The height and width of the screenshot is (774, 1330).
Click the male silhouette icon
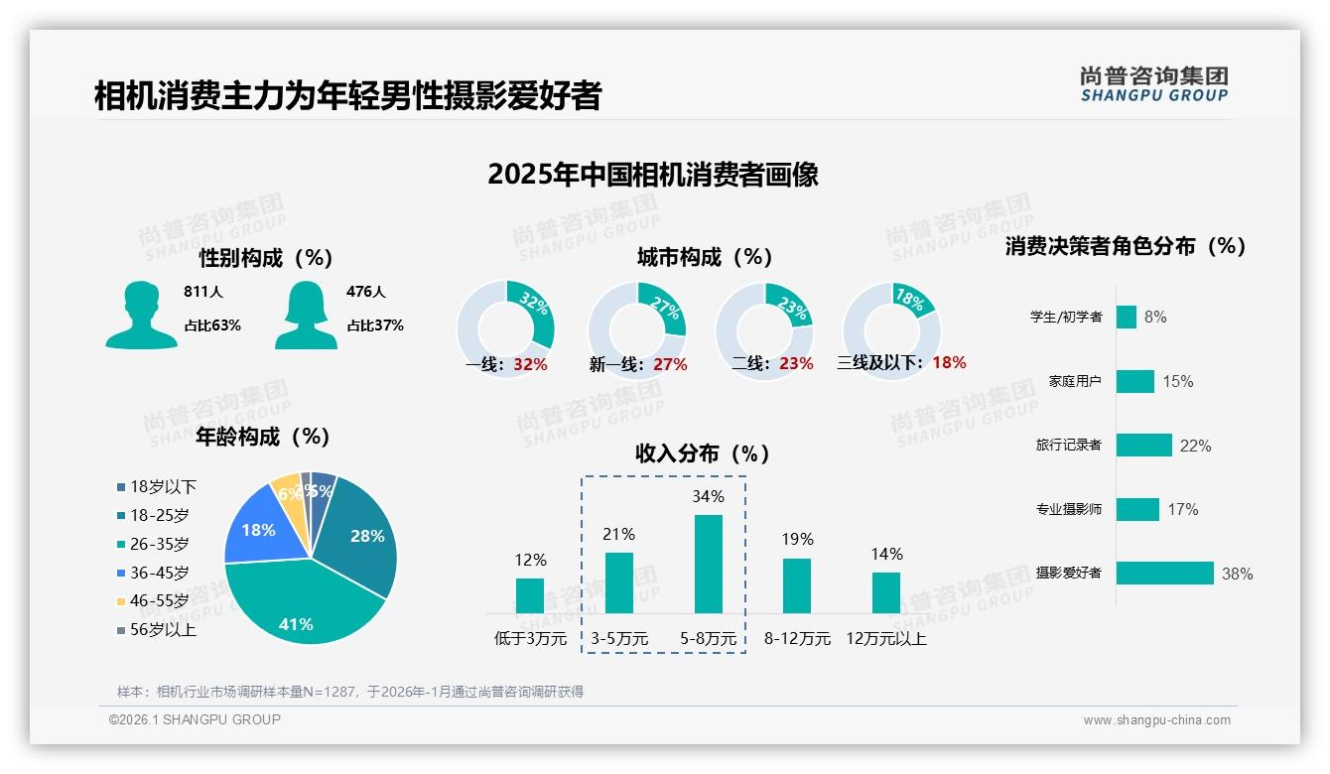pyautogui.click(x=141, y=315)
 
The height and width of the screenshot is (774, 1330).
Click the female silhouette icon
pyautogui.click(x=306, y=315)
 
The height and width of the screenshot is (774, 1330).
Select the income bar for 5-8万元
pyautogui.click(x=708, y=564)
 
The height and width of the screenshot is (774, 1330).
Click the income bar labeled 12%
pyautogui.click(x=530, y=595)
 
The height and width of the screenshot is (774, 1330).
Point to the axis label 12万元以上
pyautogui.click(x=885, y=639)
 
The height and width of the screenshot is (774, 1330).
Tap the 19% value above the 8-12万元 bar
pyautogui.click(x=796, y=539)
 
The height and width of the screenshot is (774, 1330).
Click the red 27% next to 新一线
pyautogui.click(x=670, y=364)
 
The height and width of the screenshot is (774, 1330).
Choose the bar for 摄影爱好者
pyautogui.click(x=1164, y=573)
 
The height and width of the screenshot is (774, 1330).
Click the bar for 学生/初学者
pyautogui.click(x=1126, y=317)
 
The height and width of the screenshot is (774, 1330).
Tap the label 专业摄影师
pyautogui.click(x=1068, y=509)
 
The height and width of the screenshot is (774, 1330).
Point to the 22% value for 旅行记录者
pyautogui.click(x=1195, y=446)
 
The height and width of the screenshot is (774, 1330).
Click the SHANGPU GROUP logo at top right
pyautogui.click(x=1153, y=84)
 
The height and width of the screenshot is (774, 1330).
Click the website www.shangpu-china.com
pyautogui.click(x=1156, y=720)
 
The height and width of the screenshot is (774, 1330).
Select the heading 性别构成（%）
pyautogui.click(x=266, y=258)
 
